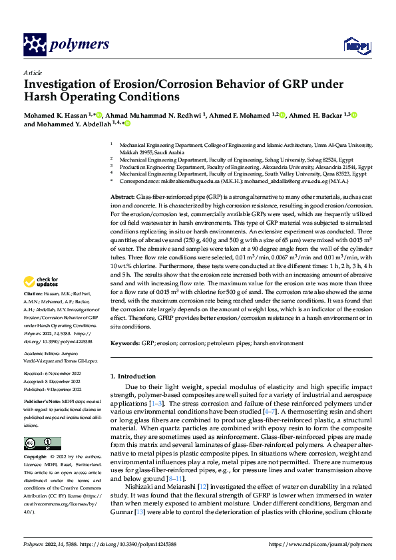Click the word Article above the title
tap(32, 72)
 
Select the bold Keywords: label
tap(126, 343)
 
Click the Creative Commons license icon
tap(42, 443)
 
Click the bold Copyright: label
tap(35, 458)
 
